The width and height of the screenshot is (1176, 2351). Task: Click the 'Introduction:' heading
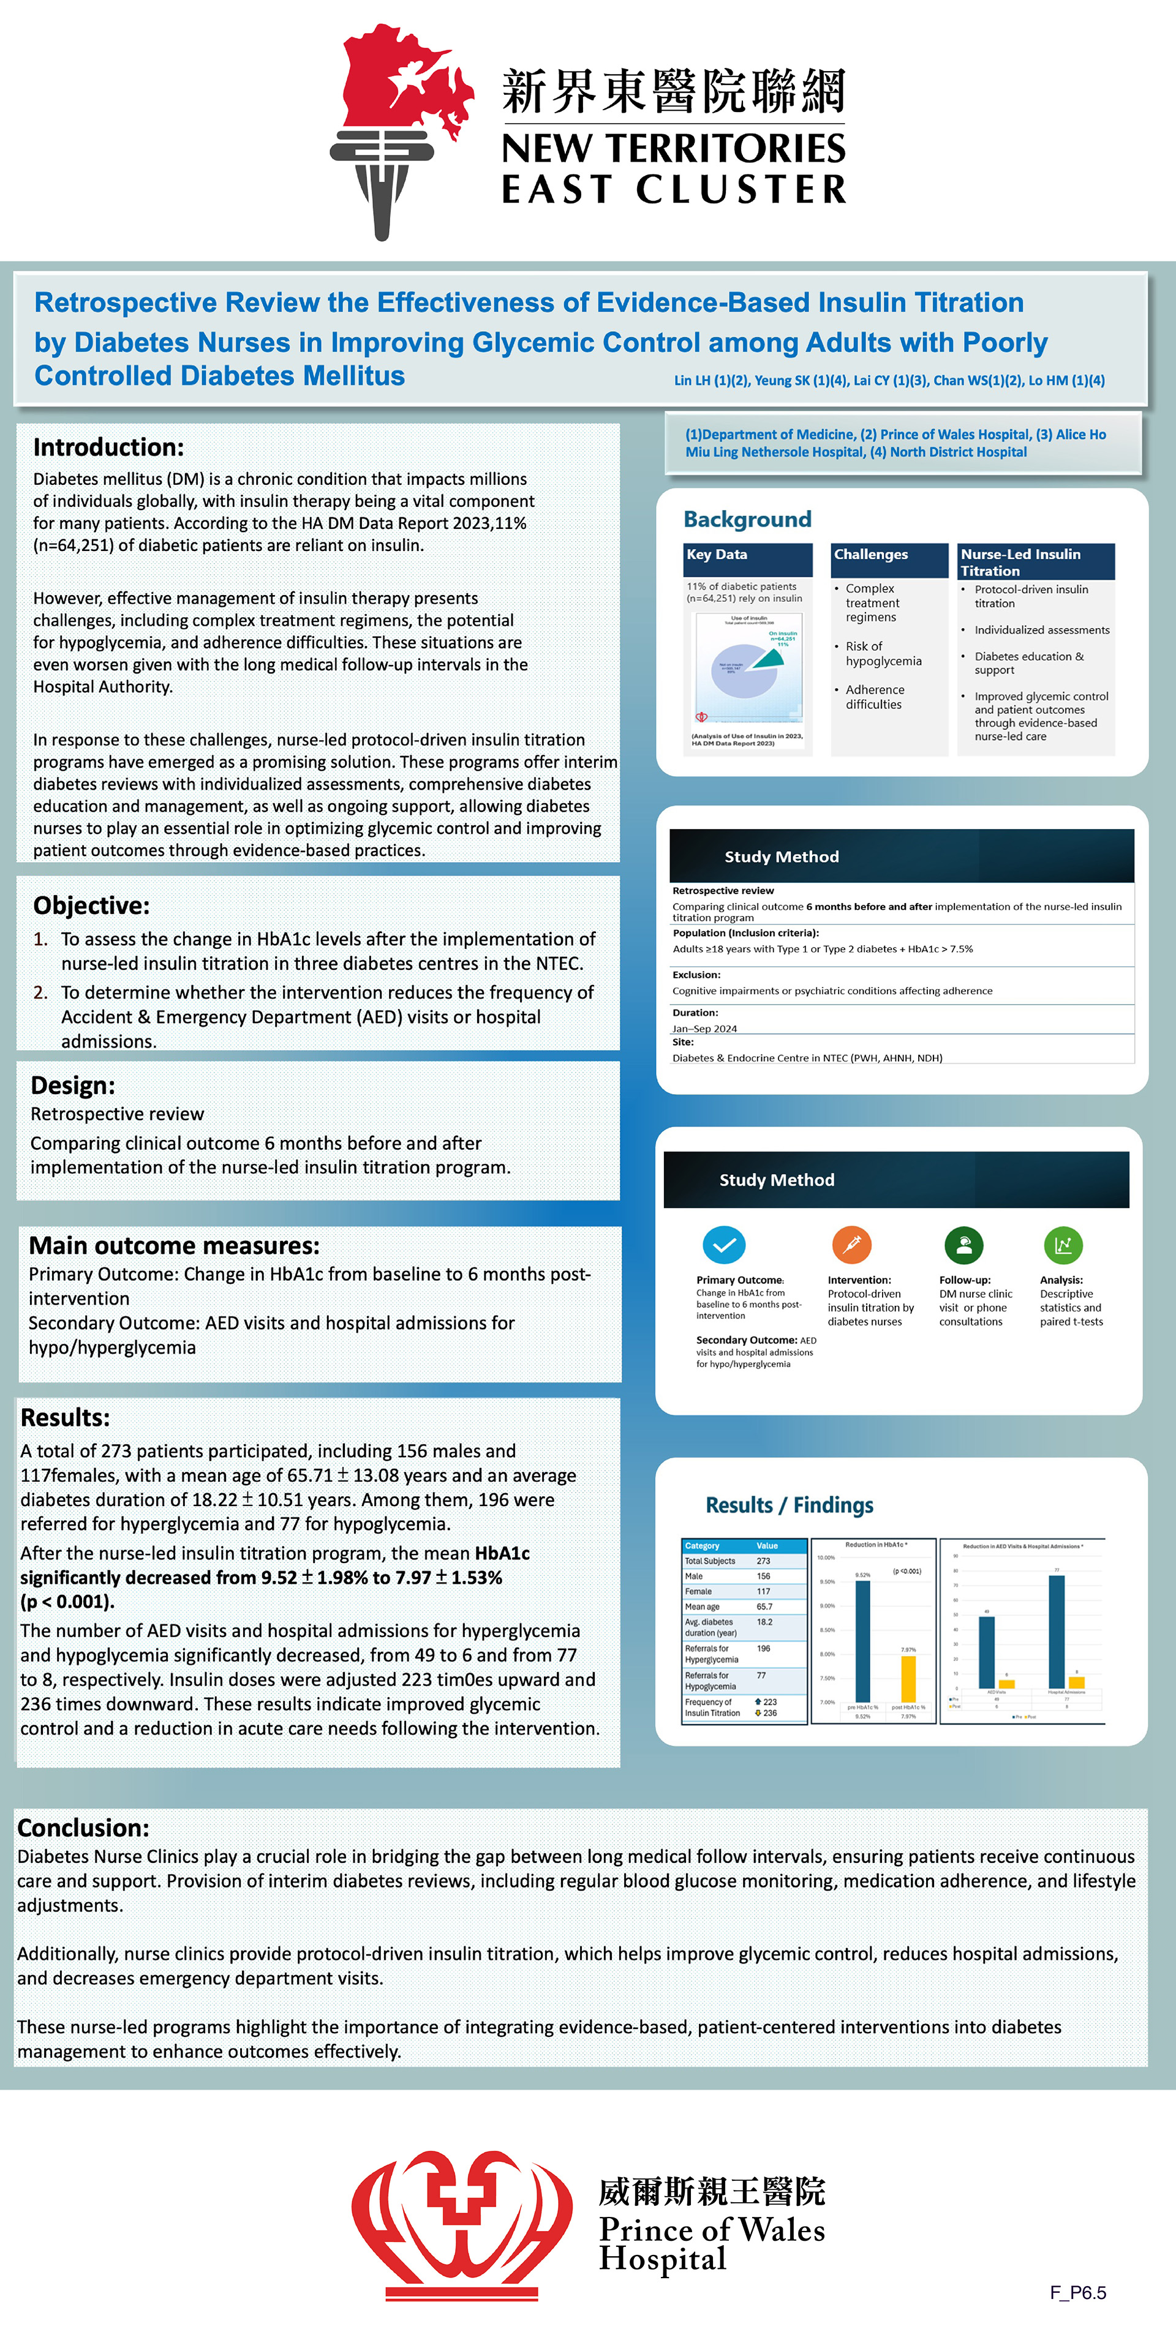click(x=108, y=447)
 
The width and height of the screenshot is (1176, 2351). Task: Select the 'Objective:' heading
click(x=91, y=906)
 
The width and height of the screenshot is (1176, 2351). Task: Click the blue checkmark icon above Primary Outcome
click(x=724, y=1244)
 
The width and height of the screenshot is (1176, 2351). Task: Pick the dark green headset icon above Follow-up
click(x=963, y=1244)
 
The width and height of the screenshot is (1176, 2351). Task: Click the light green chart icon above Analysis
click(x=1063, y=1244)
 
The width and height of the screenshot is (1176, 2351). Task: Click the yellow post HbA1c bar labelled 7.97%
click(x=908, y=1678)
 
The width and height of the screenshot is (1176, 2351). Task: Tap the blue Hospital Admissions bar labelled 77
click(x=1057, y=1631)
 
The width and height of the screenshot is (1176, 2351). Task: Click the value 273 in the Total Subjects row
click(x=763, y=1561)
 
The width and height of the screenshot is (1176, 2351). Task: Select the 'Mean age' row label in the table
click(x=702, y=1607)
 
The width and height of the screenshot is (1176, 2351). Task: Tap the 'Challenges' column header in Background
click(x=871, y=554)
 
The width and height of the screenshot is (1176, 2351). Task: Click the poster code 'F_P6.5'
click(x=1077, y=2293)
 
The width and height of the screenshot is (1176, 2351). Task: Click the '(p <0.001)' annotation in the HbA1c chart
click(x=907, y=1572)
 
